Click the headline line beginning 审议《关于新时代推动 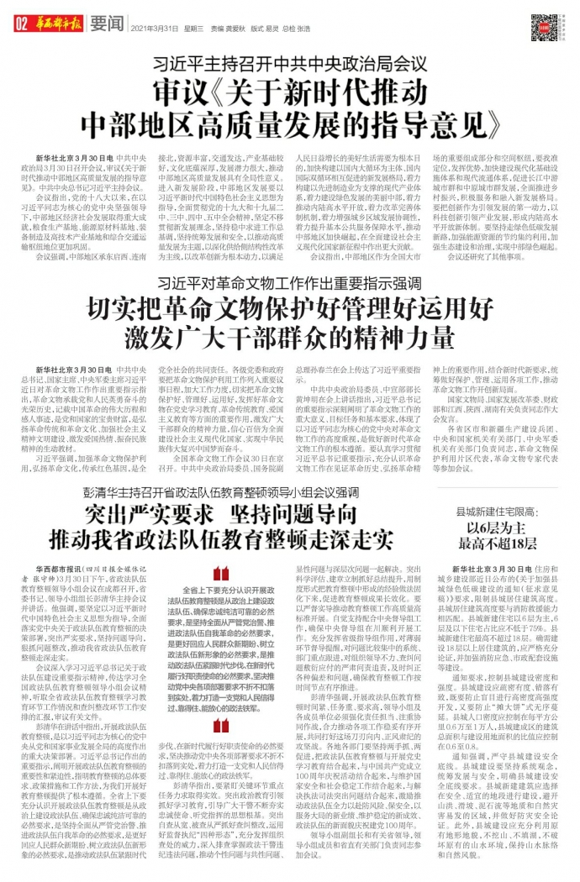pyautogui.click(x=289, y=90)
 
